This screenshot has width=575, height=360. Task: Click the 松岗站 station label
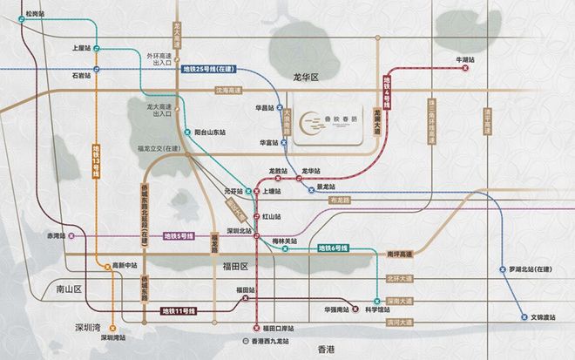(35, 15)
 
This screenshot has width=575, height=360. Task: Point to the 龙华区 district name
(306, 78)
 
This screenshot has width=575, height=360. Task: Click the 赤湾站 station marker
(72, 235)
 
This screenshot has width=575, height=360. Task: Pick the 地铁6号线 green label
(333, 250)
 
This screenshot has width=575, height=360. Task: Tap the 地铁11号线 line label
(179, 311)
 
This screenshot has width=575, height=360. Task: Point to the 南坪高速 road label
(401, 254)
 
